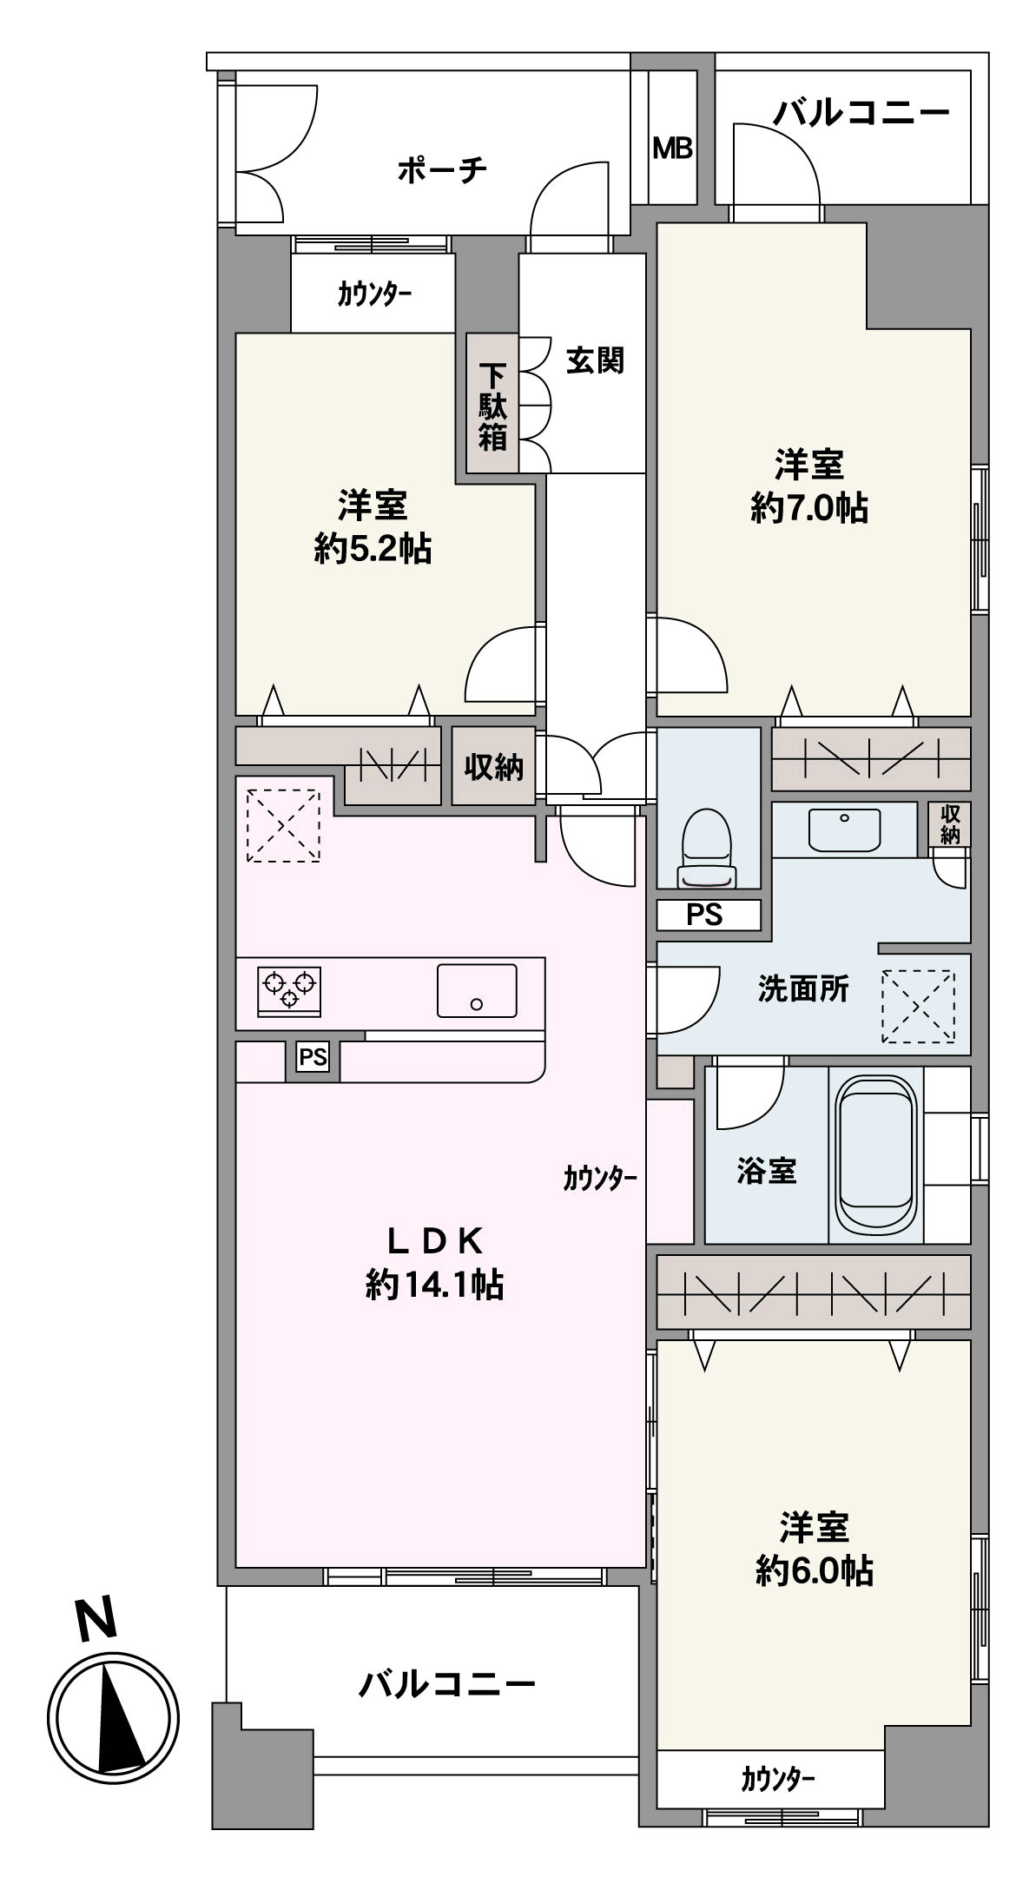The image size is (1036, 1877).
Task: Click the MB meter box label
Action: (x=673, y=149)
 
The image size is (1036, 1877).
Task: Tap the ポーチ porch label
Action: (x=442, y=169)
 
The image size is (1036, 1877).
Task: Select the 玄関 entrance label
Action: (x=595, y=360)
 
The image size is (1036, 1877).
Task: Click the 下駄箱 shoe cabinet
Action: (x=492, y=406)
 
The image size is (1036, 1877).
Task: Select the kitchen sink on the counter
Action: (x=477, y=990)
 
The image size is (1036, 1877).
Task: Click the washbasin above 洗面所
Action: (x=844, y=829)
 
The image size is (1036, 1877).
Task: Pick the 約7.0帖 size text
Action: (x=809, y=508)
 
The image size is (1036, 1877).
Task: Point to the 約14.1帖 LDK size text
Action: (x=434, y=1285)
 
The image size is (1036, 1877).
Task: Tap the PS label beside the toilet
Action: (x=704, y=915)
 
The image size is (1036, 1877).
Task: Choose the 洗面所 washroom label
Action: (x=802, y=989)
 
